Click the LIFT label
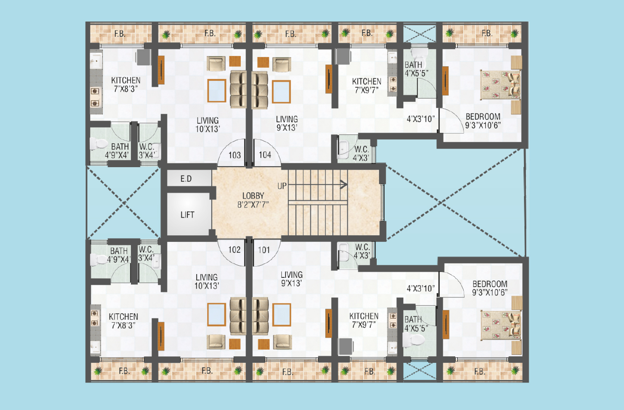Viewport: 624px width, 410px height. click(187, 215)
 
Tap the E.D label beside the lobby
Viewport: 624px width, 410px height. click(186, 179)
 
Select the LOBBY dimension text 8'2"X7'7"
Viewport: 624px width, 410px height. click(253, 205)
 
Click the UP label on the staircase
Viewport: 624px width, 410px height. click(282, 186)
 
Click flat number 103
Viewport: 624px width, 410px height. click(235, 156)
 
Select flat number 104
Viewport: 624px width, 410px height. click(265, 155)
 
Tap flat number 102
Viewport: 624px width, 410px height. click(234, 250)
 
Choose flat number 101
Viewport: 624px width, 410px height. click(264, 250)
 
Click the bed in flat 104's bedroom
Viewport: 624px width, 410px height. click(501, 85)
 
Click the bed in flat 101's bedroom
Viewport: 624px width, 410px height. click(501, 325)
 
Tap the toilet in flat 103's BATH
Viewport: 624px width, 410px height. click(99, 144)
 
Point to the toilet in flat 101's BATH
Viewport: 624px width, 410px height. click(414, 340)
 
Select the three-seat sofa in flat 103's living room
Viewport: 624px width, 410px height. click(238, 89)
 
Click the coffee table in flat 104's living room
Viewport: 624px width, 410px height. click(281, 92)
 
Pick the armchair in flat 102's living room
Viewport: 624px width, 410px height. click(216, 342)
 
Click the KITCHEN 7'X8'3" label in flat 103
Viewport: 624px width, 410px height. click(126, 85)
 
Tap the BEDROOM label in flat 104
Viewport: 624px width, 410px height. click(483, 116)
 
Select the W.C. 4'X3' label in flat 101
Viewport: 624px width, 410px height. click(362, 251)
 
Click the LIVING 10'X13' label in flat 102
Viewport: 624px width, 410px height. click(207, 282)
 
